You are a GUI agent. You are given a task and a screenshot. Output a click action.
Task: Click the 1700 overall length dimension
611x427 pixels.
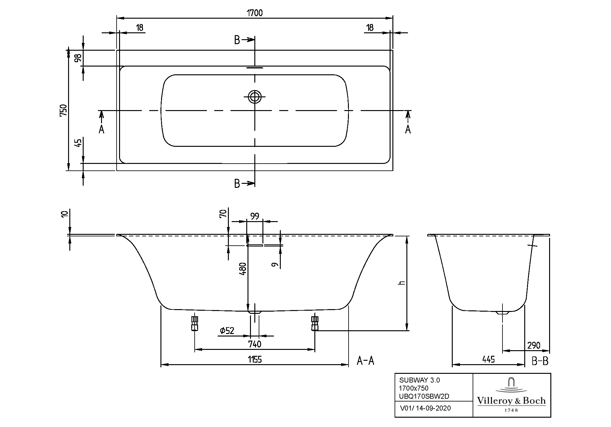(x=255, y=13)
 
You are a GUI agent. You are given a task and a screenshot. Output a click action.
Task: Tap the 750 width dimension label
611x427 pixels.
(x=63, y=110)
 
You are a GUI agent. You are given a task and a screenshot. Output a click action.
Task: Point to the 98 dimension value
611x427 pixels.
(x=78, y=58)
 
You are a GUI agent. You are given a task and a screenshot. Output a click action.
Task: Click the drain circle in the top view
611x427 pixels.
(x=255, y=97)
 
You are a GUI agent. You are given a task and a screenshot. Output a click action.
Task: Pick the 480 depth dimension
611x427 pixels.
(x=243, y=269)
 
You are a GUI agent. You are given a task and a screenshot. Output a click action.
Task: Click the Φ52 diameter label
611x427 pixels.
(x=227, y=331)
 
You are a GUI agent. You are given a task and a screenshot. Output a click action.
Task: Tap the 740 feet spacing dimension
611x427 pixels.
(x=255, y=344)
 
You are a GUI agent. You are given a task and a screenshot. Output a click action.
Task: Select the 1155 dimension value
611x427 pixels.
(x=255, y=360)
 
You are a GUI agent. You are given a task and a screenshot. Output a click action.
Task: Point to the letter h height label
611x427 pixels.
(x=402, y=283)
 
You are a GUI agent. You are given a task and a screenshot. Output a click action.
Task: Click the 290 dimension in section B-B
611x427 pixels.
(x=534, y=345)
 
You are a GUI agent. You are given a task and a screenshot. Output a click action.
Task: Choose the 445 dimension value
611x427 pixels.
(x=488, y=360)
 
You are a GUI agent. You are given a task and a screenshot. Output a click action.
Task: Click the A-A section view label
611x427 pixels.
(x=365, y=361)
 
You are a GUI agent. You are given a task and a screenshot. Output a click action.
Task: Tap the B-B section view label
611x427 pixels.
(x=540, y=361)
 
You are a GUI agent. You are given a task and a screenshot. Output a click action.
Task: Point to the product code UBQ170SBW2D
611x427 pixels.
(x=424, y=396)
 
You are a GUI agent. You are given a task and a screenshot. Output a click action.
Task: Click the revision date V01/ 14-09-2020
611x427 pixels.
(x=425, y=408)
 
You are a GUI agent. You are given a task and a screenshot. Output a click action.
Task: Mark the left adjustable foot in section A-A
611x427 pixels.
(x=195, y=323)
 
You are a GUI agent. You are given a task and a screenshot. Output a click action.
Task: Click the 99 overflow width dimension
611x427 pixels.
(x=255, y=216)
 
